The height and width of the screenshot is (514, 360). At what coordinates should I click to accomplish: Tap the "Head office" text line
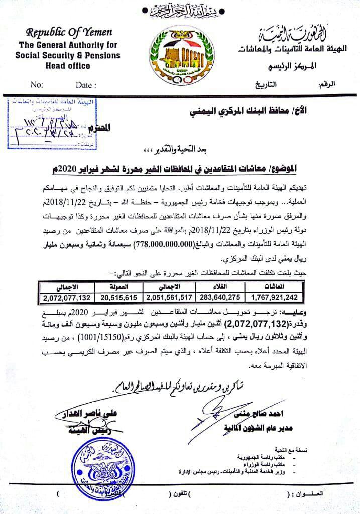[61, 66]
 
